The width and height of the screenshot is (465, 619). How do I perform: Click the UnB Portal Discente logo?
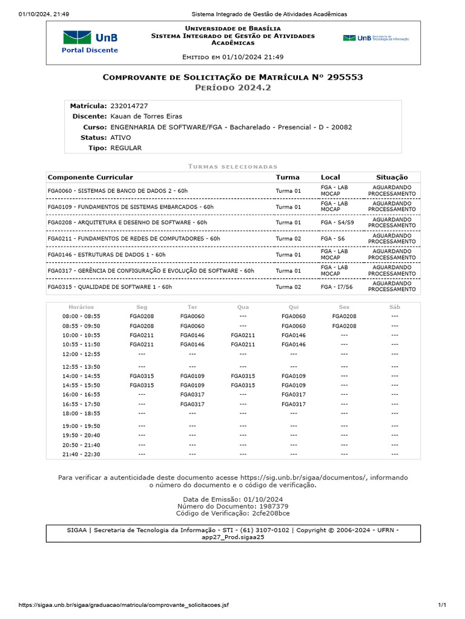click(90, 42)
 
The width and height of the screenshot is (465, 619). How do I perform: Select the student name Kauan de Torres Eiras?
click(146, 116)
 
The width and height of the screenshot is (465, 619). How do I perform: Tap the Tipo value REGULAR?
click(126, 147)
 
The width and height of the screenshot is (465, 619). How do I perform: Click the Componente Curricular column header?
click(90, 177)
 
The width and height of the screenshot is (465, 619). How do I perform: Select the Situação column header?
click(392, 177)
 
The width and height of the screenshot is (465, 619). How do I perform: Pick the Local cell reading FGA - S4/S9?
click(337, 222)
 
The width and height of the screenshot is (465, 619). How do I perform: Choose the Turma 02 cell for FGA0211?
click(288, 239)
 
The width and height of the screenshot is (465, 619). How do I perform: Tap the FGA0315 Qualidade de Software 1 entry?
click(110, 287)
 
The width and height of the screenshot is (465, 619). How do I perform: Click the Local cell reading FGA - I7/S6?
click(337, 287)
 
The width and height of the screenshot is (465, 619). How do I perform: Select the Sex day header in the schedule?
click(344, 307)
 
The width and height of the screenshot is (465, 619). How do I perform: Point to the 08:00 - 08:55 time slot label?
click(81, 316)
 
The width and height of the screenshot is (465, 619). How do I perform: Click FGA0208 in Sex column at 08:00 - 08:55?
click(344, 316)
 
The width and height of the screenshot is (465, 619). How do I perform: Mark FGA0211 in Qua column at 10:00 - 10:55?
click(243, 335)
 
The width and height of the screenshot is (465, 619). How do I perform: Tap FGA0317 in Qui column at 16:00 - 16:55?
click(294, 394)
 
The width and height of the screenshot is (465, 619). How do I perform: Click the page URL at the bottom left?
click(124, 605)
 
